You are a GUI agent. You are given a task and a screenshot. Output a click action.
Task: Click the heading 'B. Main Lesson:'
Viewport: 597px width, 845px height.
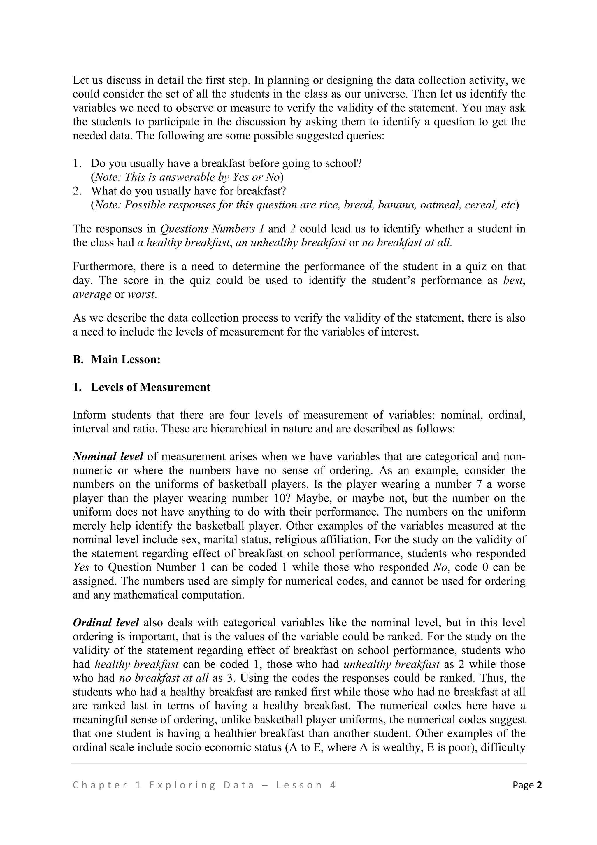click(x=117, y=360)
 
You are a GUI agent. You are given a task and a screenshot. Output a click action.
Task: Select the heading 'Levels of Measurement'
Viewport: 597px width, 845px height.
click(x=150, y=387)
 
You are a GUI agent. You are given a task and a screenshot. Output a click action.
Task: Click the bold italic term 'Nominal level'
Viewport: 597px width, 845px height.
click(x=108, y=456)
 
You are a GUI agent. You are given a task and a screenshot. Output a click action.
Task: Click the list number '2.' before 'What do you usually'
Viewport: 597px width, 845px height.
click(x=77, y=191)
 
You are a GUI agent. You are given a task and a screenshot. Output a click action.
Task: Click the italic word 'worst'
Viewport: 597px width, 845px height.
click(x=141, y=294)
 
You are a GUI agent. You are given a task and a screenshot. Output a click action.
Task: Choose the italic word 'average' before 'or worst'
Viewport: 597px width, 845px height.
click(x=92, y=294)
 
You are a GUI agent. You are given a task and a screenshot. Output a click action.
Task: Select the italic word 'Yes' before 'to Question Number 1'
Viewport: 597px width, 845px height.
click(x=81, y=567)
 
